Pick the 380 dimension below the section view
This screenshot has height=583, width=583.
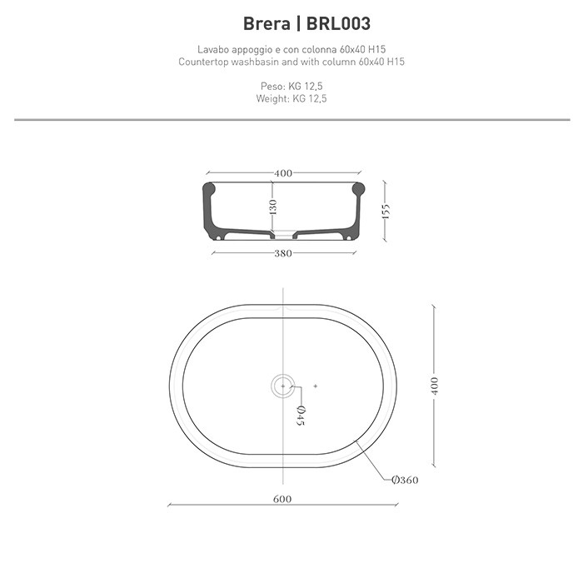pyautogui.click(x=283, y=254)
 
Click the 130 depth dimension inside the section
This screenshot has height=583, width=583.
pyautogui.click(x=272, y=207)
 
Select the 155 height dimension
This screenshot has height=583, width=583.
pyautogui.click(x=386, y=212)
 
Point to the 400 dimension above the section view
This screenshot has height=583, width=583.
pyautogui.click(x=283, y=173)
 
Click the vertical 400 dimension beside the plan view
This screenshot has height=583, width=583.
pyautogui.click(x=434, y=386)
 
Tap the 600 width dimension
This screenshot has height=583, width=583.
pyautogui.click(x=282, y=499)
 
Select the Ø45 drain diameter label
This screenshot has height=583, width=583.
pyautogui.click(x=301, y=414)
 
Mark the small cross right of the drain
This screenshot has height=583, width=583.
pyautogui.click(x=316, y=385)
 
